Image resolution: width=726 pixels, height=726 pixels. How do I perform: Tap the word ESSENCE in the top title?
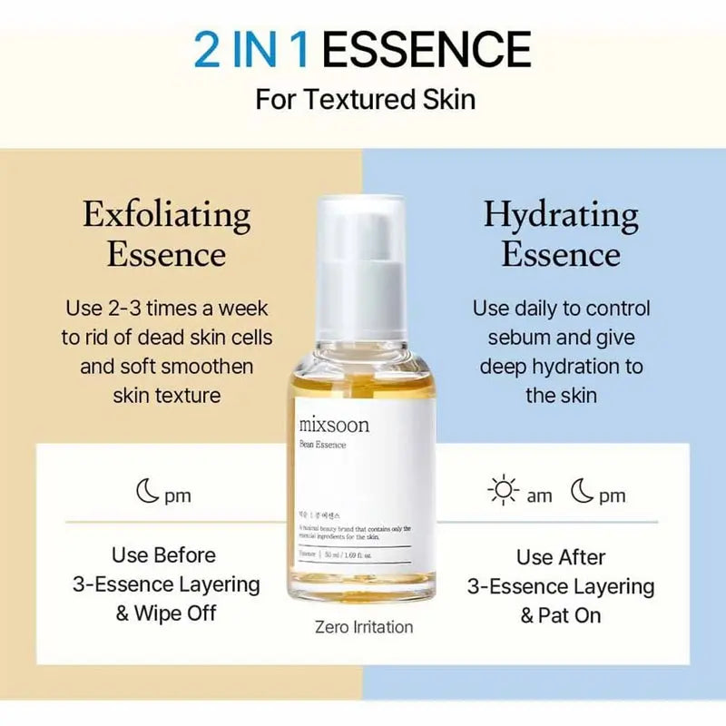427,49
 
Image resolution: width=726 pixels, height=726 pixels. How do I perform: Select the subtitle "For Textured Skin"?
365,98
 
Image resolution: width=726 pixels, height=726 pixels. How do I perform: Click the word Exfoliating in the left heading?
167,215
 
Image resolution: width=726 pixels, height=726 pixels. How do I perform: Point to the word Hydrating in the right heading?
561,215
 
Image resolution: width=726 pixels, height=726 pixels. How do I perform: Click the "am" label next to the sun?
539,495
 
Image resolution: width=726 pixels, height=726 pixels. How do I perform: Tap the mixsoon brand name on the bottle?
334,425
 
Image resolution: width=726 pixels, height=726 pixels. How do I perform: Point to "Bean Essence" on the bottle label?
322,445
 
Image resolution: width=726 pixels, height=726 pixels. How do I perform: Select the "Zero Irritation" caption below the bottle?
364,626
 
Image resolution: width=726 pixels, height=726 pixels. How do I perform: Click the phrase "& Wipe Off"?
166,614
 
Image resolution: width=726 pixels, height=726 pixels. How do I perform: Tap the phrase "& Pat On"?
561,615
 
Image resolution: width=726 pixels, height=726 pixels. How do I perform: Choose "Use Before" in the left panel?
164,554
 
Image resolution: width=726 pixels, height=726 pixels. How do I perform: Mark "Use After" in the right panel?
561,556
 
